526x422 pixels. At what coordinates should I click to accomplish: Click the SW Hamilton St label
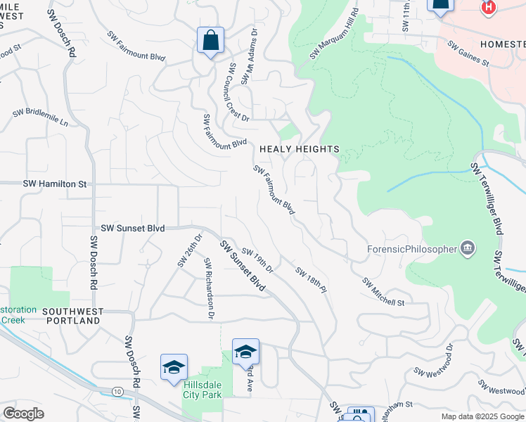coord(54,184)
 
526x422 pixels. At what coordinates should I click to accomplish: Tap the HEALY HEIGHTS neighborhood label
coord(299,149)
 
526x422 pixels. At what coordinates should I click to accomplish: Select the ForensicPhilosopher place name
coord(412,249)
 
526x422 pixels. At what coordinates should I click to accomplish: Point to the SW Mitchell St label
coord(383,292)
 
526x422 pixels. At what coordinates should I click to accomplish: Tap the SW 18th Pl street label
coord(312,279)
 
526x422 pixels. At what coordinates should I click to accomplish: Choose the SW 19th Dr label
coord(257,260)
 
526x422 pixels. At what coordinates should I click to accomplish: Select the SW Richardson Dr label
coord(208,288)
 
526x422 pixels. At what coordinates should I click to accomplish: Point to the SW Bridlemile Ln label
coord(40,117)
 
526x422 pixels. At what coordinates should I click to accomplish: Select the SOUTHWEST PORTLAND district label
coord(72,316)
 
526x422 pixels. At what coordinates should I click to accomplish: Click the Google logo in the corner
coord(23,414)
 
